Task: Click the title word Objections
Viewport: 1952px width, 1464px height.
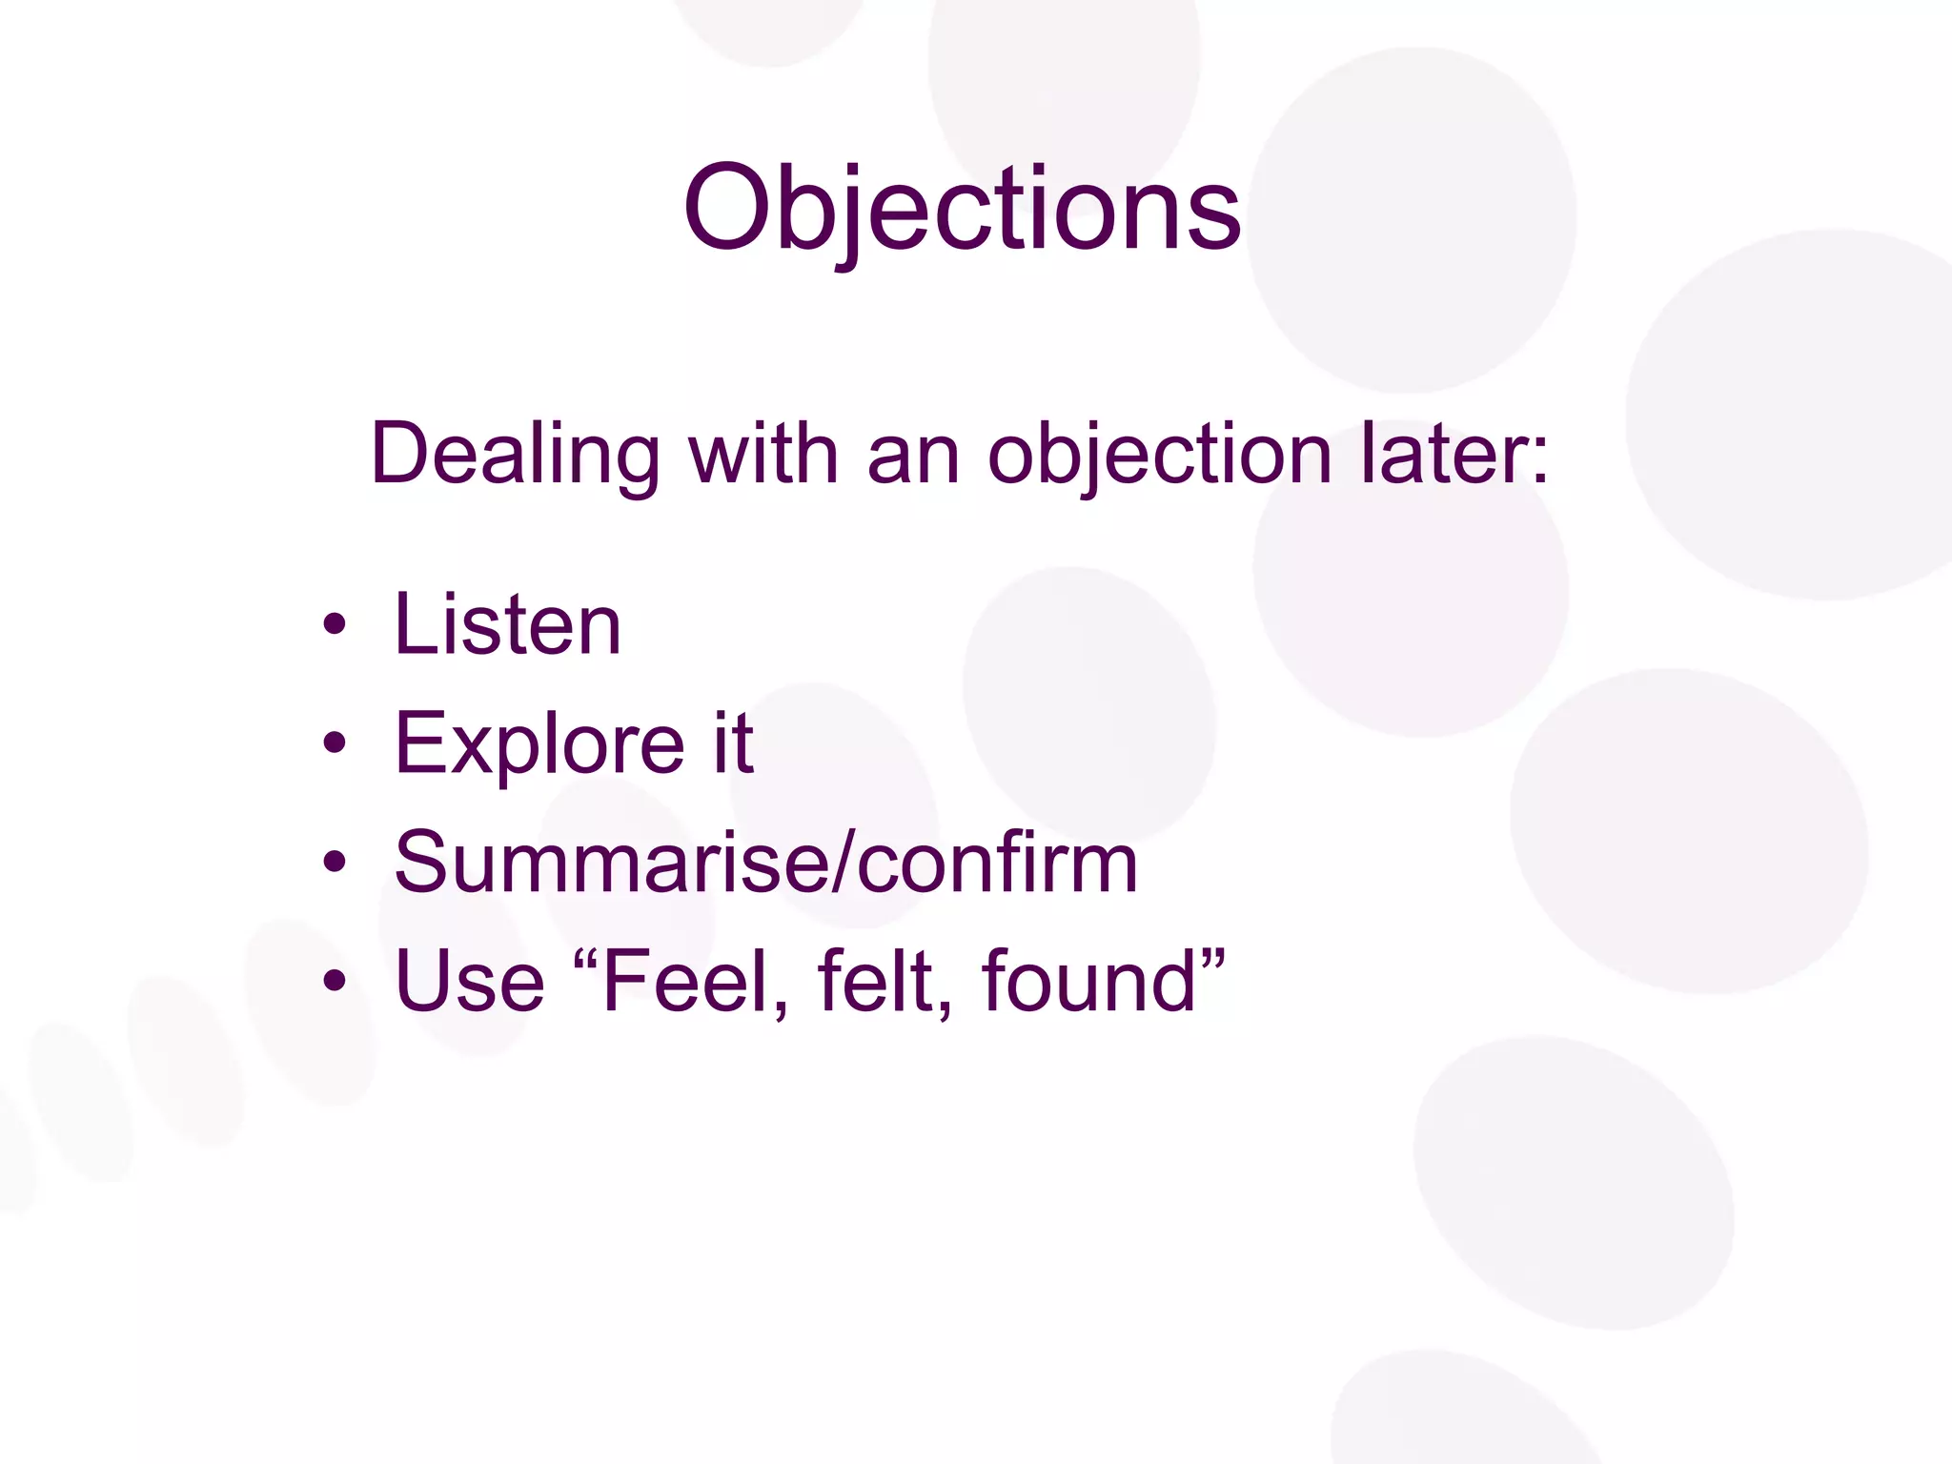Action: tap(962, 210)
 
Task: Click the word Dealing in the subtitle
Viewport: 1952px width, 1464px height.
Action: tap(515, 456)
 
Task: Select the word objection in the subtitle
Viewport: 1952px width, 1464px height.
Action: tap(1159, 456)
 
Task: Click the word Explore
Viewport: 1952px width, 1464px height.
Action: tap(539, 745)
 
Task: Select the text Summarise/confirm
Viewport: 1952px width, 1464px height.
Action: tap(766, 863)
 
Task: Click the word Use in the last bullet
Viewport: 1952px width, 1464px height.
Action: tap(469, 982)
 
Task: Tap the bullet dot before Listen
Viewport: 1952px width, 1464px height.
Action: tap(334, 625)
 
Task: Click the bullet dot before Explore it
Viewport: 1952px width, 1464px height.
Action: tap(334, 743)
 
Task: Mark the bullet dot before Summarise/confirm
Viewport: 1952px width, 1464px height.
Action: tap(334, 863)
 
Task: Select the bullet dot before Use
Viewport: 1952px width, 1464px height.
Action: tap(334, 981)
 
